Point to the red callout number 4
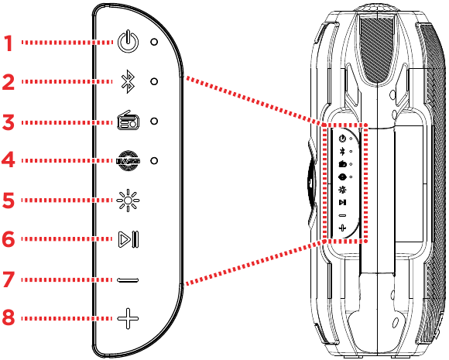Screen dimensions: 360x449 point(9,161)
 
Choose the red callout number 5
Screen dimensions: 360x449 point(9,201)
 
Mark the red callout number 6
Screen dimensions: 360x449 point(9,240)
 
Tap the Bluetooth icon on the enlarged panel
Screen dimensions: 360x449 point(127,81)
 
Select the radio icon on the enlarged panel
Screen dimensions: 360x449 point(127,121)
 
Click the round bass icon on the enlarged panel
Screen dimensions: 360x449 point(127,160)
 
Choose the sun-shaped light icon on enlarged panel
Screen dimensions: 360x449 point(127,200)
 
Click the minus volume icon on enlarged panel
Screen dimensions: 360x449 point(127,279)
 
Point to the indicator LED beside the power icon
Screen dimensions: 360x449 point(154,42)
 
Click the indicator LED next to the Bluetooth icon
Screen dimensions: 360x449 point(154,81)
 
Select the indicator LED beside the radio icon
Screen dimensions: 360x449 point(154,121)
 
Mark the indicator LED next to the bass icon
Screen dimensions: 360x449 point(154,160)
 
